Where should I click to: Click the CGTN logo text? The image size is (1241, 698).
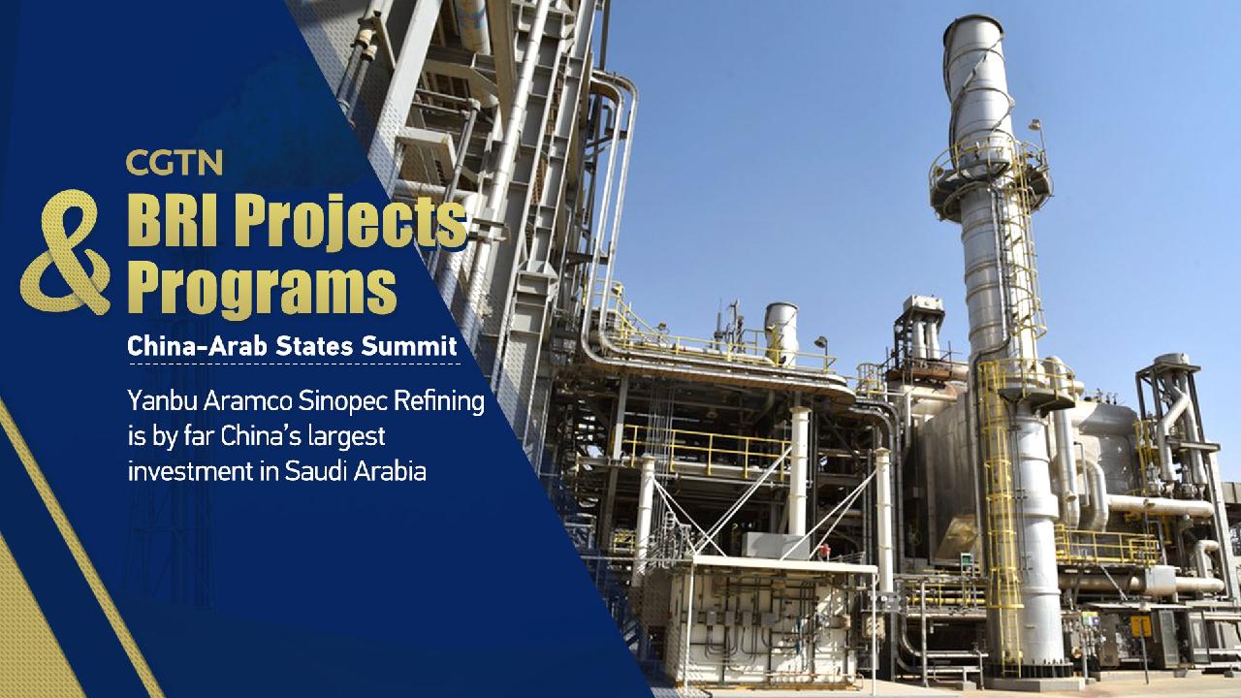[x=174, y=162]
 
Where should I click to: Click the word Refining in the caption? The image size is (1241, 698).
[x=446, y=400]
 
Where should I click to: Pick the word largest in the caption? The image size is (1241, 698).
[x=344, y=436]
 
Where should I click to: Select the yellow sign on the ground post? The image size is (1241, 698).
[x=1142, y=626]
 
